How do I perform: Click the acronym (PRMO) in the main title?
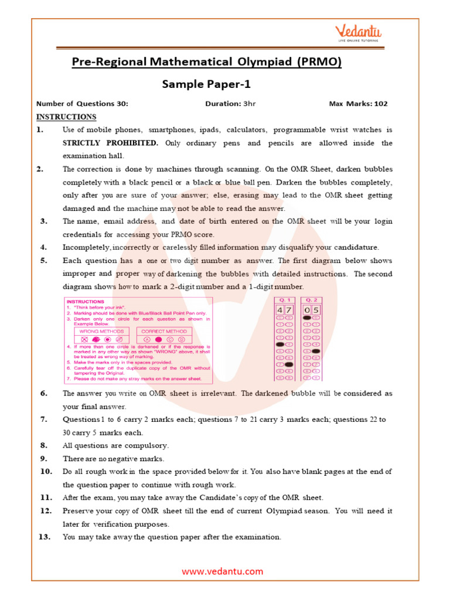[319, 62]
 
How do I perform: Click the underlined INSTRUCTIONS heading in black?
[66, 117]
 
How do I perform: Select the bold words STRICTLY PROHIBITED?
[111, 143]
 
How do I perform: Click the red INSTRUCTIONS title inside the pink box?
[83, 302]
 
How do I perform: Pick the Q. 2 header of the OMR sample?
[311, 298]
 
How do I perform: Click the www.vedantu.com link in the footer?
[222, 571]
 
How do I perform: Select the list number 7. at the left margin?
[44, 420]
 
